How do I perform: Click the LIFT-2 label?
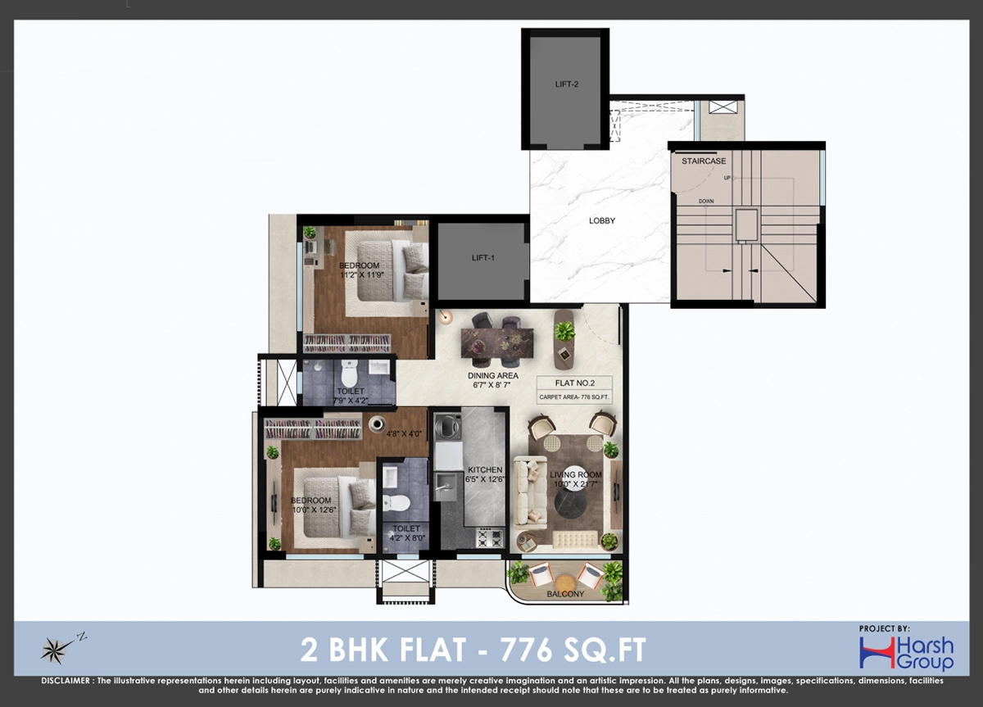click(x=567, y=84)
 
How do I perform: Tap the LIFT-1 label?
click(x=483, y=258)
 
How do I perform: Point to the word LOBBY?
click(x=602, y=220)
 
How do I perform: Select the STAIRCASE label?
click(x=704, y=161)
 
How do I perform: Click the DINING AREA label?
click(x=493, y=376)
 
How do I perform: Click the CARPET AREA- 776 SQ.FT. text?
click(x=574, y=397)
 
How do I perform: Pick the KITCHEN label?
click(x=485, y=469)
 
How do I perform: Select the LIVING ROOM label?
click(x=576, y=474)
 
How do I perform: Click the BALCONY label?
click(x=565, y=594)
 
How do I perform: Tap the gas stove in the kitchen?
click(x=490, y=538)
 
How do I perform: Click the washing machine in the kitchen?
click(x=447, y=427)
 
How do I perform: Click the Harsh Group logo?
click(x=907, y=654)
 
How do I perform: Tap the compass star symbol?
click(x=53, y=650)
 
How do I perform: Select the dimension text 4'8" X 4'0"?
click(x=404, y=434)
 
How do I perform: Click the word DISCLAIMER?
click(x=66, y=681)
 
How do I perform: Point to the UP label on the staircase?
click(x=727, y=178)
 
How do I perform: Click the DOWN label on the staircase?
click(x=706, y=201)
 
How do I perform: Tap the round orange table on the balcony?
click(x=565, y=583)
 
